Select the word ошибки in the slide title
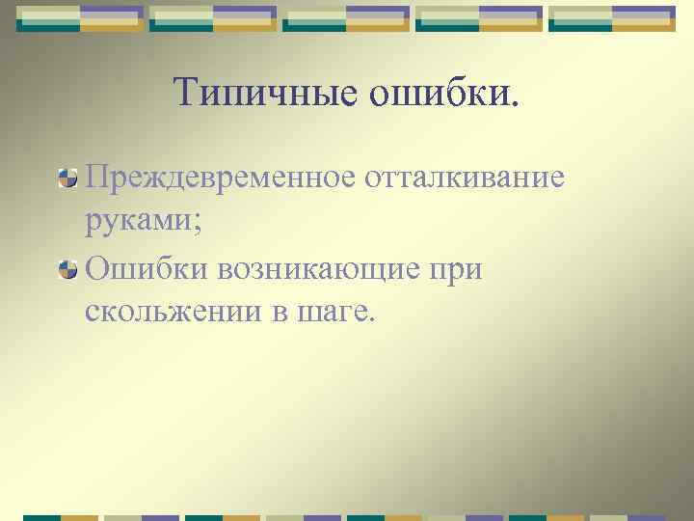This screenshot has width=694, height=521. pos(434,93)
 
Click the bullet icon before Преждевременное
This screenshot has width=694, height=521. pos(68,178)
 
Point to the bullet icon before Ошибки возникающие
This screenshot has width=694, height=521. pos(68,271)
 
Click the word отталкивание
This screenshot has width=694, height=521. pos(464,177)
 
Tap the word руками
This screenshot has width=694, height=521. pos(138,224)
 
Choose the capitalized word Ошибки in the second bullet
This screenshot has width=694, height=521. pos(144,270)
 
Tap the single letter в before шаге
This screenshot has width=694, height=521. pos(285,315)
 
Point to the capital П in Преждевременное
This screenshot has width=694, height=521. pos(97,177)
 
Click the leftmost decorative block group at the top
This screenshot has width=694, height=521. pos(81,18)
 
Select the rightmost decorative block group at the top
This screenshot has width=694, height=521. pos(611,18)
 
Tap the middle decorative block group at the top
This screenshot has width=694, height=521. pos(346,18)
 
